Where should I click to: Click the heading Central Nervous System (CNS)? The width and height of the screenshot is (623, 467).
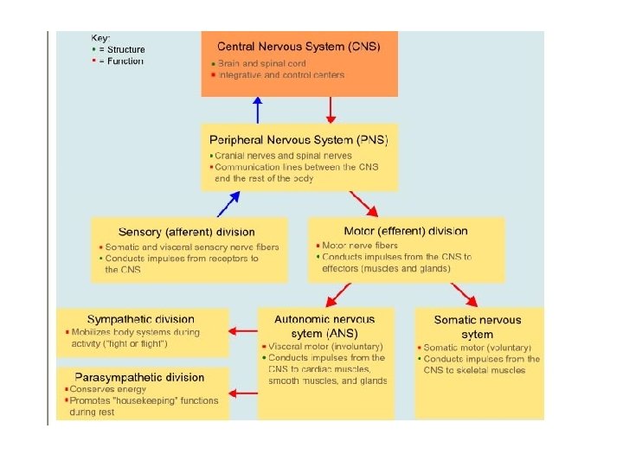click(299, 46)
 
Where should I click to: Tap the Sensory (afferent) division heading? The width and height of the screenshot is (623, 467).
click(187, 232)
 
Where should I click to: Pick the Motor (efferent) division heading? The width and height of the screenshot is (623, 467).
click(406, 231)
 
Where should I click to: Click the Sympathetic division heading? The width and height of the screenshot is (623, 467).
click(141, 320)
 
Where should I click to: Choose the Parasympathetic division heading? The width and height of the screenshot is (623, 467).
click(139, 377)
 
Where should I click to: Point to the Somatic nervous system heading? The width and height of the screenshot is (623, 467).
click(478, 327)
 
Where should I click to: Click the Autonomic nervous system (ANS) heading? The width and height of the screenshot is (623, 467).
click(324, 326)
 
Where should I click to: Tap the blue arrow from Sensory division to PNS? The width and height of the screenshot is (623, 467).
click(228, 203)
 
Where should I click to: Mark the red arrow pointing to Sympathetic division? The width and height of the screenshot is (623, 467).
click(244, 329)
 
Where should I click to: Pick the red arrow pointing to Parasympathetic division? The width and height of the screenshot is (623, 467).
click(244, 393)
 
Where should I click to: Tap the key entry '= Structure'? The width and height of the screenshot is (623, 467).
click(121, 50)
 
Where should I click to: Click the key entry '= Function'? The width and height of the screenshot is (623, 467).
click(120, 61)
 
